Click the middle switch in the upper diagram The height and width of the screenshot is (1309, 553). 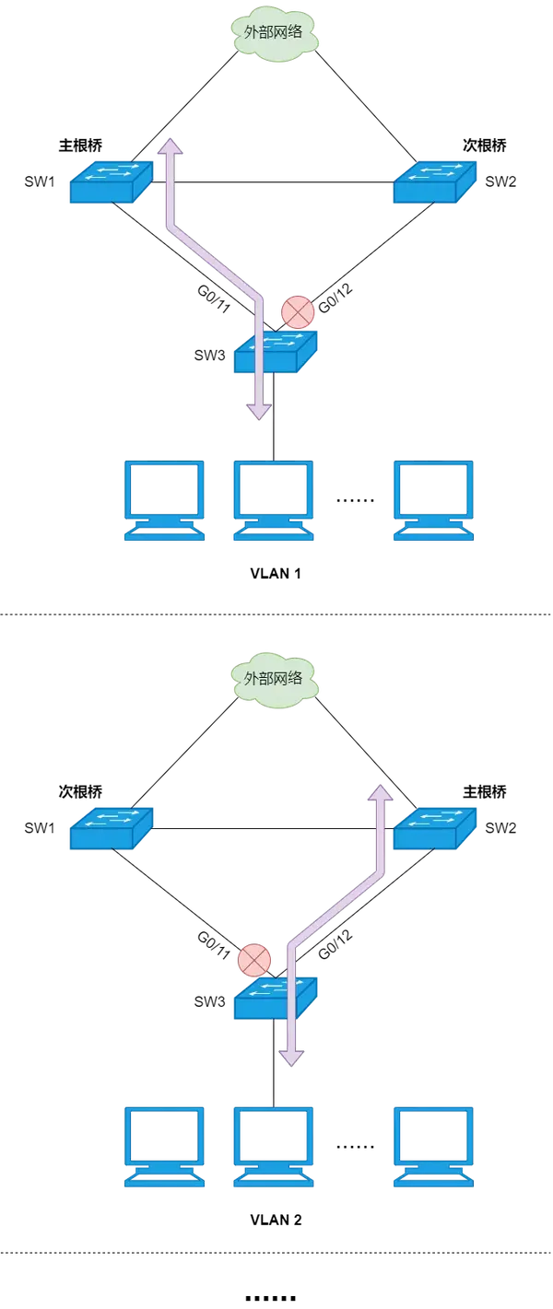pyautogui.click(x=276, y=351)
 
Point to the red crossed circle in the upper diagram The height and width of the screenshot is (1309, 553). pyautogui.click(x=298, y=312)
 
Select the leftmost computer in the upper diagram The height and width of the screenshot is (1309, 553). pyautogui.click(x=164, y=500)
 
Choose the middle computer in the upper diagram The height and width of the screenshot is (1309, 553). pyautogui.click(x=273, y=500)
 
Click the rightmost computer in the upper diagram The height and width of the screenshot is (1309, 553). pyautogui.click(x=434, y=500)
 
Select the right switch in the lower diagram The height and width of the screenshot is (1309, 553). pyautogui.click(x=435, y=827)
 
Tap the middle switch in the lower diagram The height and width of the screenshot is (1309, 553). pyautogui.click(x=276, y=997)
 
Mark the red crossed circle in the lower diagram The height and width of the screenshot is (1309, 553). pyautogui.click(x=253, y=960)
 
